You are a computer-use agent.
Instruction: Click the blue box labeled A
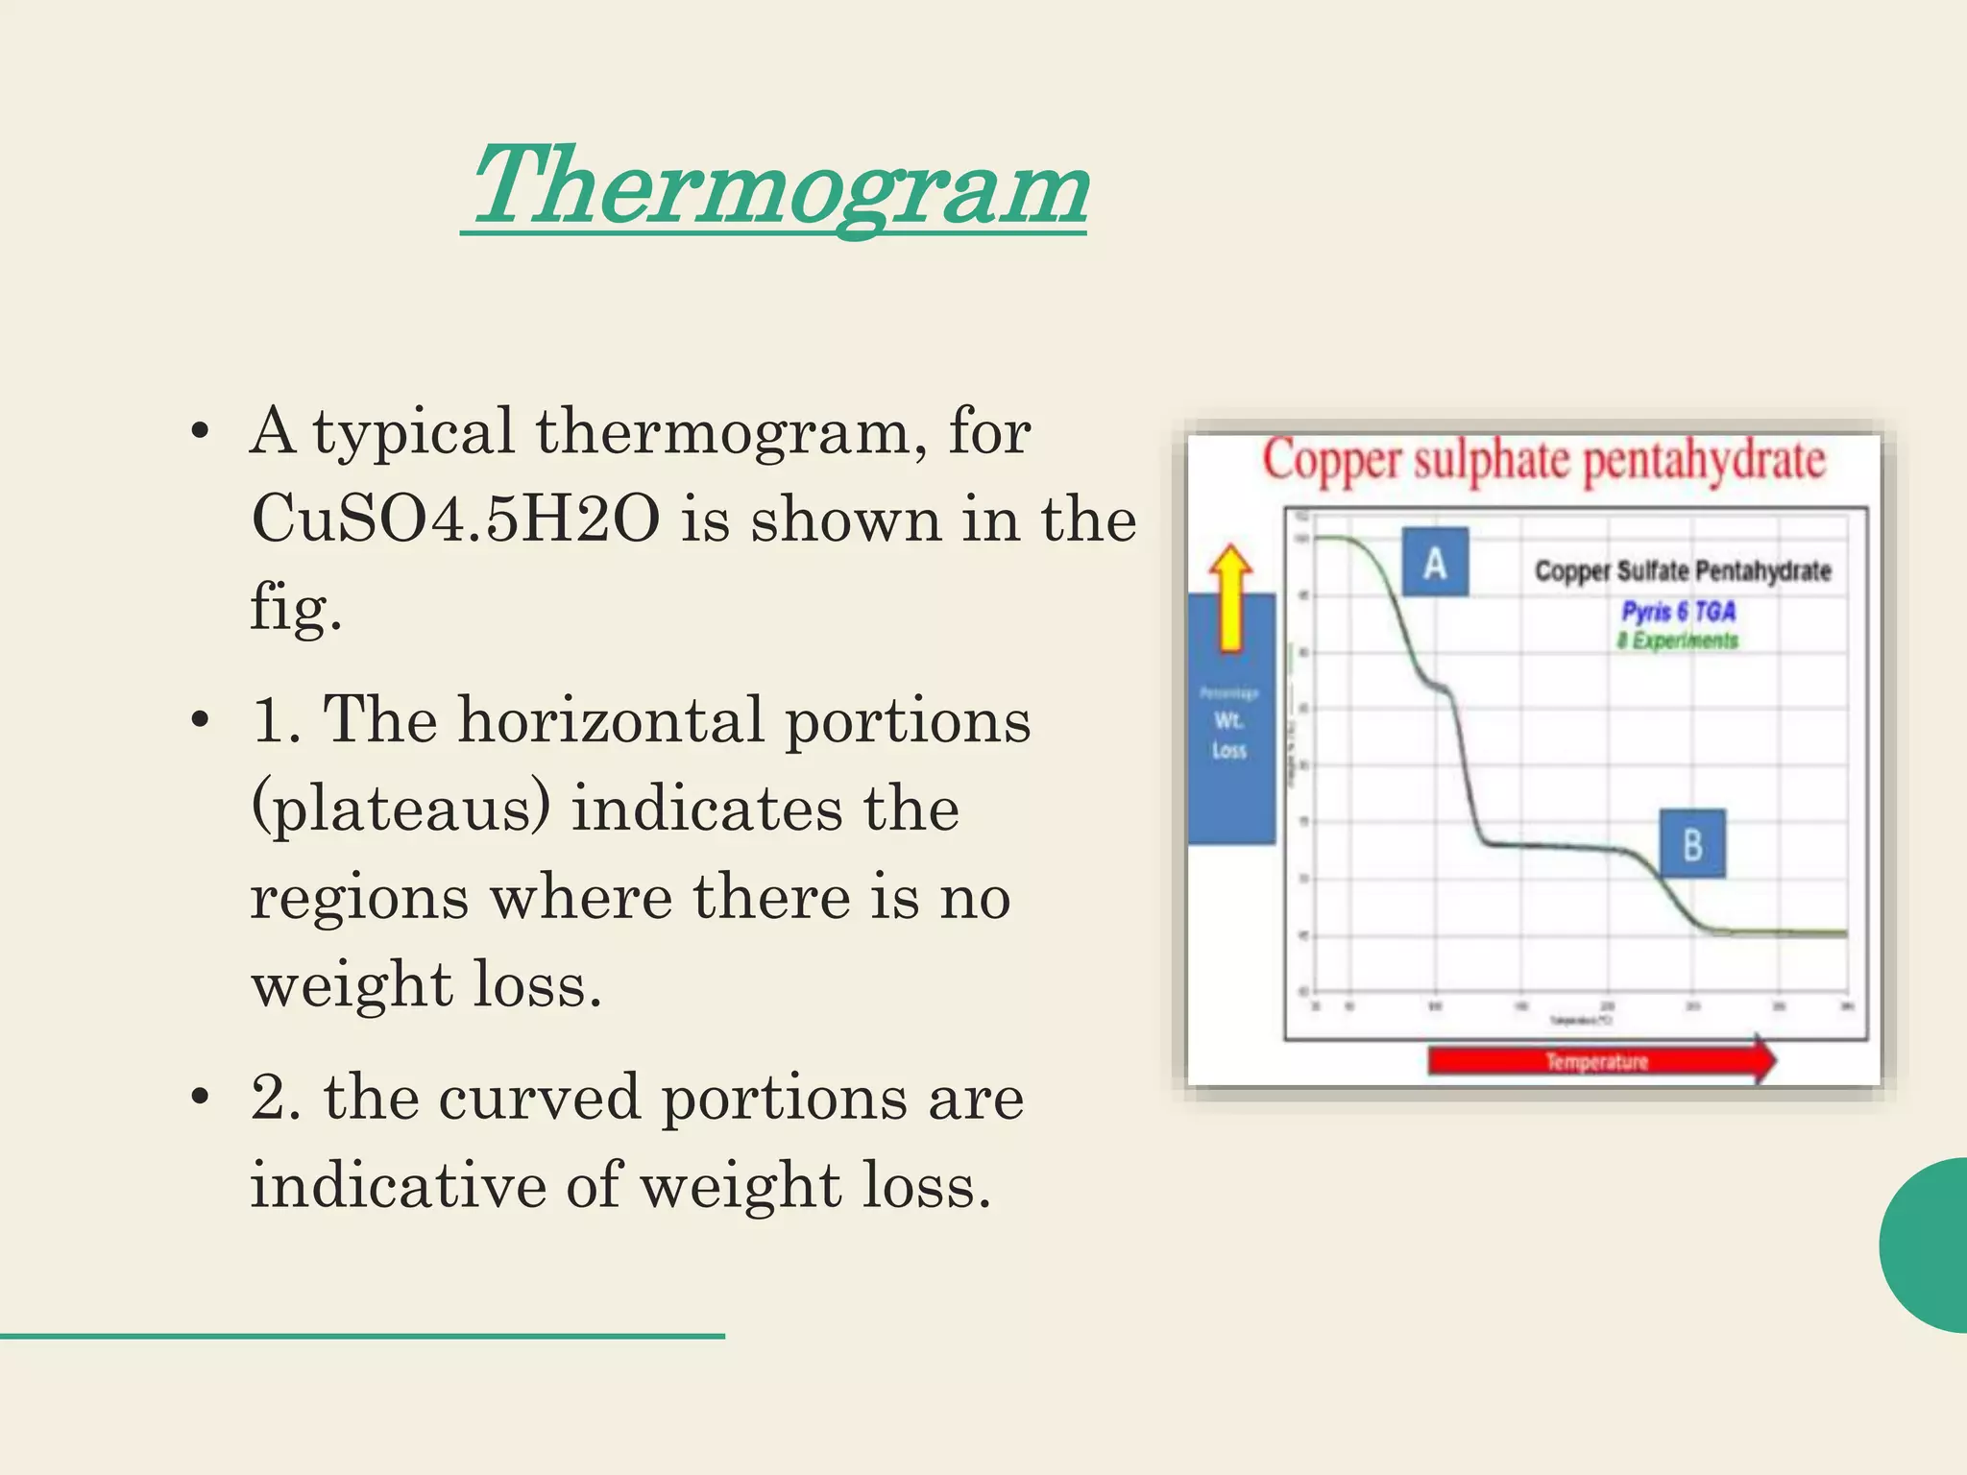tap(1435, 563)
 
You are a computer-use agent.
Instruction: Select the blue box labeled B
tap(1692, 844)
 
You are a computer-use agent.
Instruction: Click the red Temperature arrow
tap(1600, 1060)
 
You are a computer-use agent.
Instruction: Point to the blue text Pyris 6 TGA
tap(1678, 612)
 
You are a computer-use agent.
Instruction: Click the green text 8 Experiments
tap(1677, 641)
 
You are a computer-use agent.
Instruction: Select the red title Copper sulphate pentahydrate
tap(1542, 461)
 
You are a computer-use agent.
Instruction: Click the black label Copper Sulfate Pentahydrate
tap(1682, 571)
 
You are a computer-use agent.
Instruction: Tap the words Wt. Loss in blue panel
tap(1229, 735)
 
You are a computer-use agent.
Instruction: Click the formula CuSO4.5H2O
tap(455, 520)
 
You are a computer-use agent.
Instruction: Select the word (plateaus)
tap(401, 809)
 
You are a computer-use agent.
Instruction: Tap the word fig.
tap(295, 608)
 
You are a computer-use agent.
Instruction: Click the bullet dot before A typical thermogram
tap(200, 432)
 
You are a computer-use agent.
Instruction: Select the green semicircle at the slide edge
tap(1926, 1245)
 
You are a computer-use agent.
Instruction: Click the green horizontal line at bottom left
tap(362, 1336)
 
